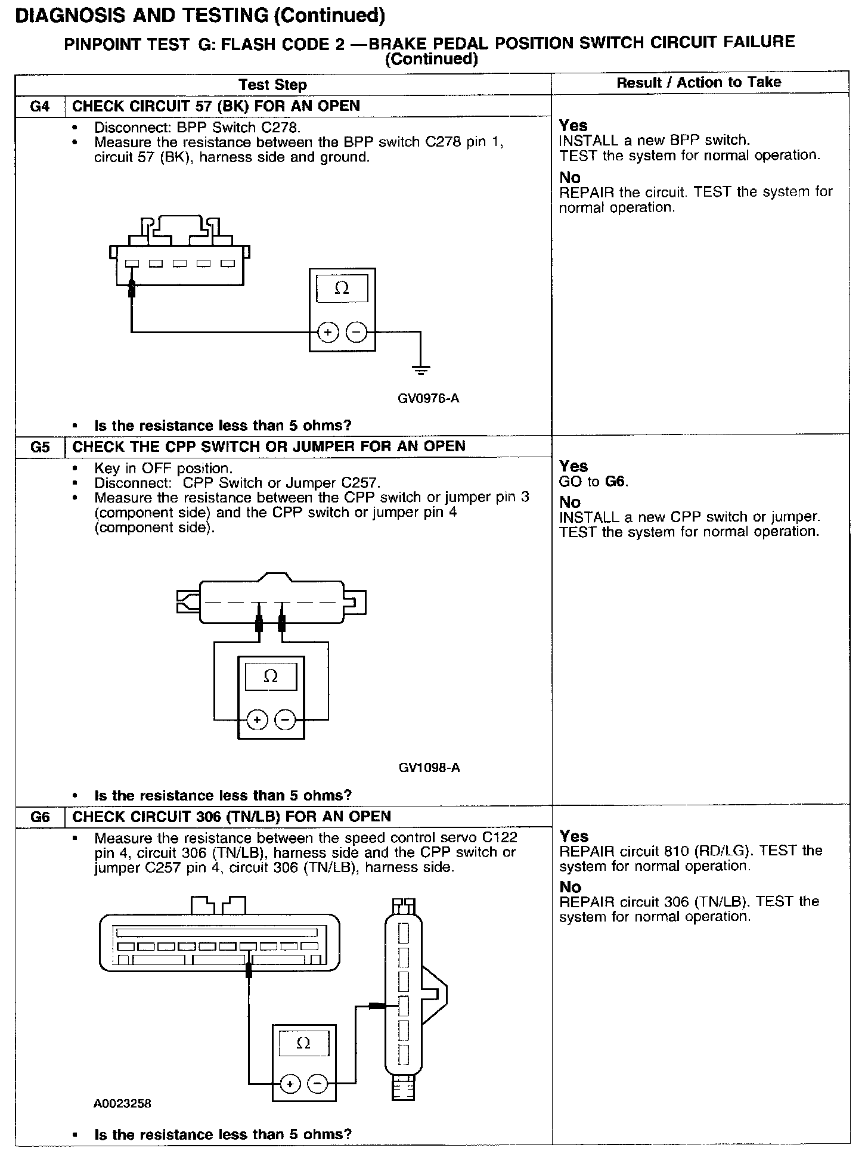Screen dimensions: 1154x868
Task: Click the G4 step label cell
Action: tap(39, 107)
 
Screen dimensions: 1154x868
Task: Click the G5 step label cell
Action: tap(39, 447)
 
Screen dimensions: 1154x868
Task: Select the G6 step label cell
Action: tap(39, 817)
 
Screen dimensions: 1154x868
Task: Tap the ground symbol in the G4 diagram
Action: tap(421, 370)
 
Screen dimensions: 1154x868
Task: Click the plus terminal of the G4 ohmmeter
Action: tap(328, 332)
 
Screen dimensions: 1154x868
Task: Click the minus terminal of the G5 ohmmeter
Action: tap(286, 721)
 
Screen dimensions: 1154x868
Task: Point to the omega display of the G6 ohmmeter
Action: tap(303, 1043)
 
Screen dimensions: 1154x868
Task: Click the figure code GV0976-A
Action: tap(428, 398)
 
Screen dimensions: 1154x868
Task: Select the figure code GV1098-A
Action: tap(429, 768)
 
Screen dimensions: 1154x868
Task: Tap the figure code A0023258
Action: tap(122, 1103)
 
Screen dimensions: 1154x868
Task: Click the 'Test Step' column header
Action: tap(272, 85)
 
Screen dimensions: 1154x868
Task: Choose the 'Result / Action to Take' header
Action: tap(699, 82)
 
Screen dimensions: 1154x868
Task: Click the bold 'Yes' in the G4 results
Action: tap(573, 126)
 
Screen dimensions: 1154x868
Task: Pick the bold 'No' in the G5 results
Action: tap(569, 502)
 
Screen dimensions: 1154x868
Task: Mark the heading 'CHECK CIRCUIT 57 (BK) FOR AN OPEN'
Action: tap(216, 106)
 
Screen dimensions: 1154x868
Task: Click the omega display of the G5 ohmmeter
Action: tap(271, 676)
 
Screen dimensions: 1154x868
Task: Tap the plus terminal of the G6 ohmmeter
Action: tap(290, 1084)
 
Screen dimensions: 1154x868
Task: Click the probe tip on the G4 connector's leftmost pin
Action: tap(132, 288)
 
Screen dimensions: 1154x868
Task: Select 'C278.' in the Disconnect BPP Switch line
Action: tap(277, 128)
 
